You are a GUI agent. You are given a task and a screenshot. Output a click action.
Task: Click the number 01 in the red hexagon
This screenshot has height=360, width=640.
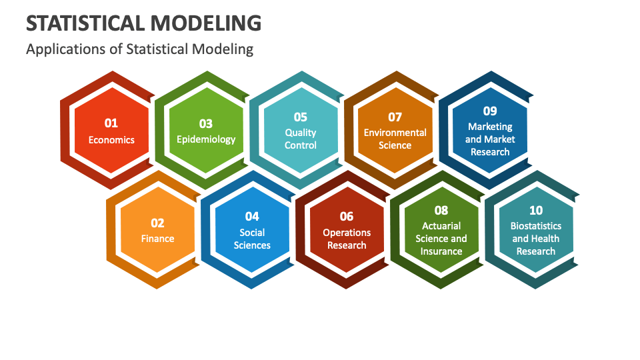click(x=111, y=123)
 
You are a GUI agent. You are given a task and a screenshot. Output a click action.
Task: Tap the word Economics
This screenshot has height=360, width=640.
click(x=111, y=140)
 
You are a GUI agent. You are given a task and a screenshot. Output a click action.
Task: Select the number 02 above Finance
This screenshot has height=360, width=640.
click(x=157, y=223)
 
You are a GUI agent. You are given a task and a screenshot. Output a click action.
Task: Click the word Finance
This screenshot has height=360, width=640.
click(x=157, y=239)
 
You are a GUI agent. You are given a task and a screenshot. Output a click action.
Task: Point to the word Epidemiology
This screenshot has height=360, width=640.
click(x=206, y=139)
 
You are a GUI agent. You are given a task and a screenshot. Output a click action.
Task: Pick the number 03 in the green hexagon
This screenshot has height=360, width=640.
click(x=206, y=124)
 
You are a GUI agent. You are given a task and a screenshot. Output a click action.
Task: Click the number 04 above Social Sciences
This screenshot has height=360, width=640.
click(x=252, y=216)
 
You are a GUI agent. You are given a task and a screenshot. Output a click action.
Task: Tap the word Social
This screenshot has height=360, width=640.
click(x=252, y=233)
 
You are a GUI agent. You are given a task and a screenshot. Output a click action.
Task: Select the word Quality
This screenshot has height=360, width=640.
click(x=301, y=133)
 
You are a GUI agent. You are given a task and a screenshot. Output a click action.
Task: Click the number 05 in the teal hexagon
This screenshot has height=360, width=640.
click(x=301, y=117)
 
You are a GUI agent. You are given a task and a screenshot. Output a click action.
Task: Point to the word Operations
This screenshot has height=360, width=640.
click(x=347, y=233)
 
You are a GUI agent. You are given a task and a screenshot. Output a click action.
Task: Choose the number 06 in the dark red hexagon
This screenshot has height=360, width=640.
click(x=347, y=216)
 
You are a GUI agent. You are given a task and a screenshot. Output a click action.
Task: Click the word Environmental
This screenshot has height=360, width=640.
click(x=395, y=133)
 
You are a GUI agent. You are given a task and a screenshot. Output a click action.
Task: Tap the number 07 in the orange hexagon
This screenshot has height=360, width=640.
click(x=395, y=117)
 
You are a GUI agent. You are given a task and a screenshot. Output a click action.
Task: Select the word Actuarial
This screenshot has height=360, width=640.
click(x=441, y=226)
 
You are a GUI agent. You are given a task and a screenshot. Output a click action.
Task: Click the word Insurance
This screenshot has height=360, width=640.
click(x=441, y=251)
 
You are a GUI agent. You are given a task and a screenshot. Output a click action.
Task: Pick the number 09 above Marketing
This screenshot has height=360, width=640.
click(x=490, y=111)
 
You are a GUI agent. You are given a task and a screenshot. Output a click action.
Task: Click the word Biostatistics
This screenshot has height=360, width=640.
click(x=536, y=226)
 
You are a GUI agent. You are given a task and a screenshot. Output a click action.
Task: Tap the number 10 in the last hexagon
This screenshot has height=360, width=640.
click(x=536, y=210)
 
